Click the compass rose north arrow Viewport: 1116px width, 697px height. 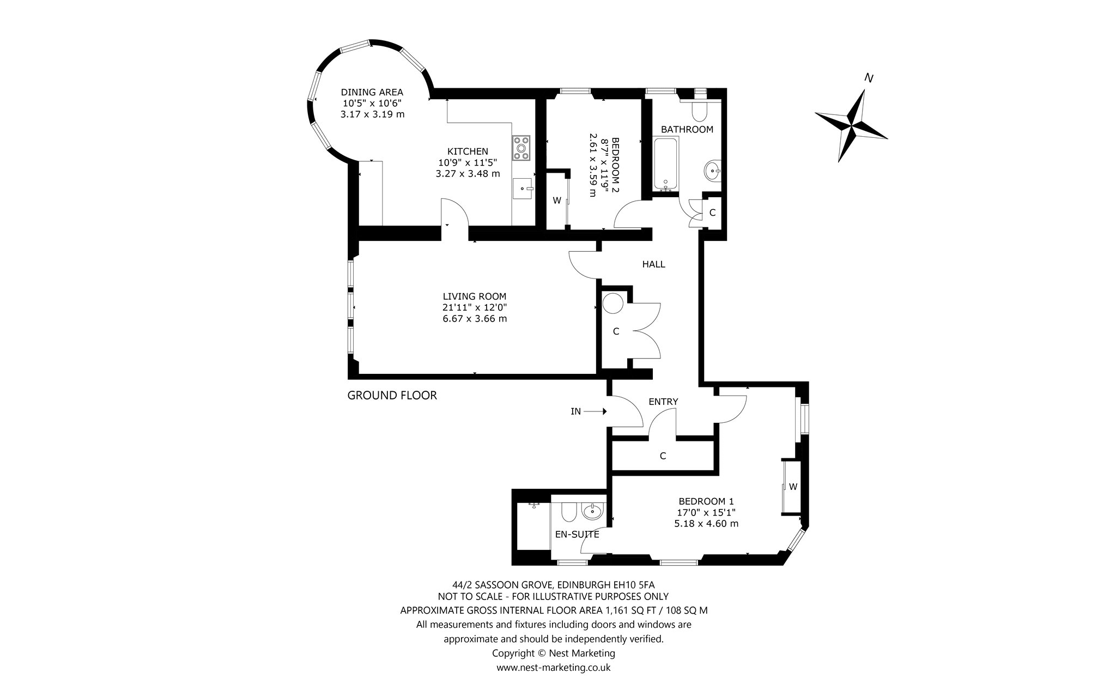pyautogui.click(x=851, y=126)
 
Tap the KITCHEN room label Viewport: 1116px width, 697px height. pyautogui.click(x=468, y=151)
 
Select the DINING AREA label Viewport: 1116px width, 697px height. pyautogui.click(x=372, y=92)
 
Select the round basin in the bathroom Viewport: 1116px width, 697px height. pyautogui.click(x=712, y=171)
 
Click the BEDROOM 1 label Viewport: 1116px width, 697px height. pyautogui.click(x=706, y=501)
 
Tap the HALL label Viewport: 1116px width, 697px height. pyautogui.click(x=653, y=264)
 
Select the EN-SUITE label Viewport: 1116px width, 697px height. pyautogui.click(x=577, y=535)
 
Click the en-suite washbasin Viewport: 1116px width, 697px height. pyautogui.click(x=592, y=511)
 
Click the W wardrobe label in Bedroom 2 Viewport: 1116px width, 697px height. pyautogui.click(x=557, y=201)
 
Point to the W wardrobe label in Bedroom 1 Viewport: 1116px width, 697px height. pyautogui.click(x=793, y=487)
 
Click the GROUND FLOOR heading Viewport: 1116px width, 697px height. pyautogui.click(x=392, y=395)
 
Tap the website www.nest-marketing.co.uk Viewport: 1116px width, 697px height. pyautogui.click(x=553, y=667)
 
